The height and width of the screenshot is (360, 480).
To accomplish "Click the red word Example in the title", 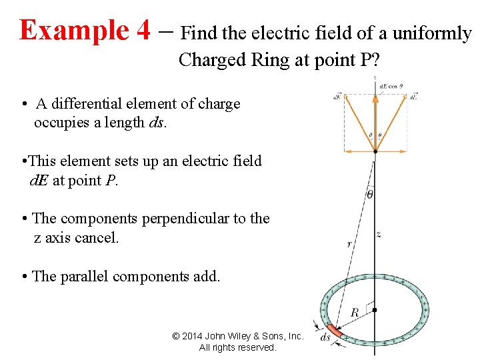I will (x=73, y=30).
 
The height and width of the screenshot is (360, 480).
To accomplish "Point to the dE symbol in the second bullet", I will (x=39, y=180).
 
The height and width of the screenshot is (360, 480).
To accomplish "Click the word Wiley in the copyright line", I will (x=250, y=336).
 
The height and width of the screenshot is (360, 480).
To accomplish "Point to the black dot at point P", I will (x=375, y=152).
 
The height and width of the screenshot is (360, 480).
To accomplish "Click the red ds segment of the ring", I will (x=333, y=329).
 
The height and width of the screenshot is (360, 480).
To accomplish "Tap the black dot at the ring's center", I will (x=375, y=310).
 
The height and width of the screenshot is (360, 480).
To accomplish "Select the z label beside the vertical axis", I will (x=379, y=234).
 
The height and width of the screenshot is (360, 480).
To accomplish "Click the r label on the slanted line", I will (x=349, y=245).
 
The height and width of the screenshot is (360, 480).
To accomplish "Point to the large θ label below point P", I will (x=370, y=194).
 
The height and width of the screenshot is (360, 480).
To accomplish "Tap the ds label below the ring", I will (x=325, y=337).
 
